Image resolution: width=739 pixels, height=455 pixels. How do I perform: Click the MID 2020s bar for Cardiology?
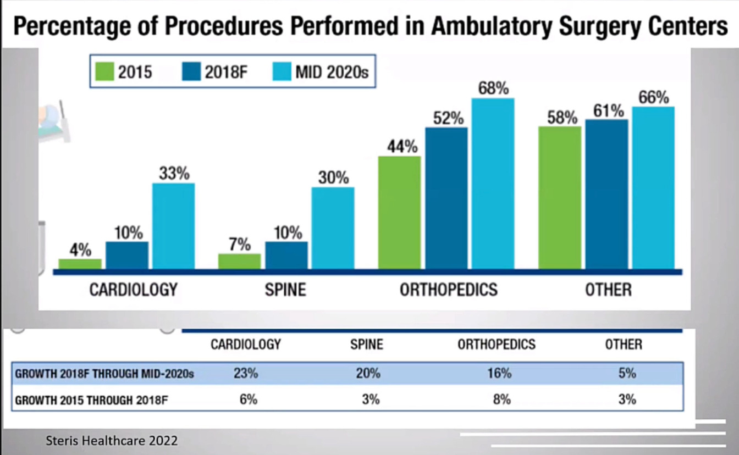coord(173,226)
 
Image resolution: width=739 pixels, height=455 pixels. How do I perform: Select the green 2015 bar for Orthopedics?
coord(400,213)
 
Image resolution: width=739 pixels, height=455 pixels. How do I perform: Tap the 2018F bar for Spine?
coord(286,256)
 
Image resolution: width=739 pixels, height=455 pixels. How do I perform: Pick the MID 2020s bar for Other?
coord(653,187)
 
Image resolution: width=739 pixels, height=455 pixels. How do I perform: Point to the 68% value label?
coord(493,88)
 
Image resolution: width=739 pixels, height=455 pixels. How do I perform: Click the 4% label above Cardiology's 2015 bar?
coord(80,250)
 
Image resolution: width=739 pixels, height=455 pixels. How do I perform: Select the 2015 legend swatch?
coord(104,72)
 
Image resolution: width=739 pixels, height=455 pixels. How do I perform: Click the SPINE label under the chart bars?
coord(285,290)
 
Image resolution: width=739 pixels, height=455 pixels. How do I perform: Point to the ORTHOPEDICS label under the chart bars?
coord(449,290)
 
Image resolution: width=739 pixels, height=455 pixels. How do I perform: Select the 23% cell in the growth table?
coord(245,374)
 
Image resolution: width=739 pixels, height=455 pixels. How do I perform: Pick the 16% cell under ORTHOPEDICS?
coord(499,374)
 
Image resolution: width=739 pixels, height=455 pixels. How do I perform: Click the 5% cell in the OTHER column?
coord(627,374)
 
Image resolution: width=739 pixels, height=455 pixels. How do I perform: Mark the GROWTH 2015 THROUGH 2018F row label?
coord(91,400)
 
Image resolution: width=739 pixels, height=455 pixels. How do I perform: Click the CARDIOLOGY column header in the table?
coord(246,345)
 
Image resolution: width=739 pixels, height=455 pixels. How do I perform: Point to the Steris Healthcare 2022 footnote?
coord(112,441)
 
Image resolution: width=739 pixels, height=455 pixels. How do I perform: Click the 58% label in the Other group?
coord(562,118)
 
